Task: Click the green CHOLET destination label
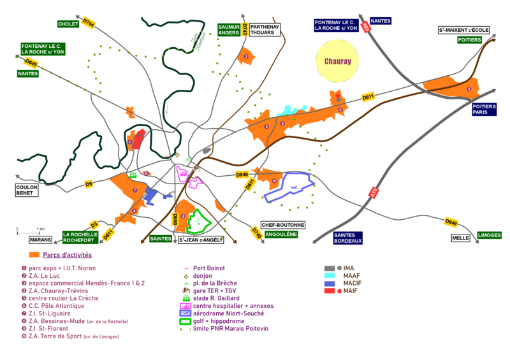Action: point(67,24)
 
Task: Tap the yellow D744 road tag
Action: point(89,24)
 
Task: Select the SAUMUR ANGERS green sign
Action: point(228,29)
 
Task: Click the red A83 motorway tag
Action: point(365,27)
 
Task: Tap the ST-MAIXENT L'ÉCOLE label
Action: point(463,29)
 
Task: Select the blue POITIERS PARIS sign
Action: point(484,110)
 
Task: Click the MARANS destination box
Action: point(40,240)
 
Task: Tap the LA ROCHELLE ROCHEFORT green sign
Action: point(80,236)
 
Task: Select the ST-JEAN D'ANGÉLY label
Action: point(201,240)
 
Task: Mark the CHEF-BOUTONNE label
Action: point(283,225)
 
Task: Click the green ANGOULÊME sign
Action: point(280,234)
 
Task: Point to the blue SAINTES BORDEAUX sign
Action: point(348,238)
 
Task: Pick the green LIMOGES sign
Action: point(490,235)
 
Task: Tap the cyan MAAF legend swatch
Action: point(330,276)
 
